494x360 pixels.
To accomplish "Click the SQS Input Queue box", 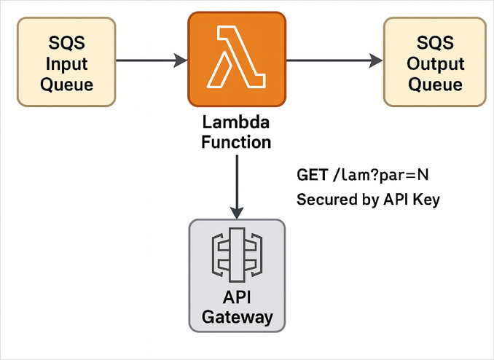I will (x=66, y=63).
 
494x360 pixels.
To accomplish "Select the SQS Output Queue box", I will (x=434, y=63).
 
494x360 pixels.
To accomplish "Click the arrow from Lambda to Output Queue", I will (x=334, y=61).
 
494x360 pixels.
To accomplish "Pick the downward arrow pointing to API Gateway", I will (x=237, y=186).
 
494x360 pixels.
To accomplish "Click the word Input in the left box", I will (x=66, y=63).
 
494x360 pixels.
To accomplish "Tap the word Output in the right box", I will (x=435, y=63).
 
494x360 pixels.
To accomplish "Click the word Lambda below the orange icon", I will (x=237, y=122).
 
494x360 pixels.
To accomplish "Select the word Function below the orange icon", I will (x=237, y=141).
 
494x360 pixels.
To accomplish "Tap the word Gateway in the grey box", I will (x=237, y=318).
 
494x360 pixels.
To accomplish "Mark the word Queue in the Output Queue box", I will (x=435, y=84).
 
